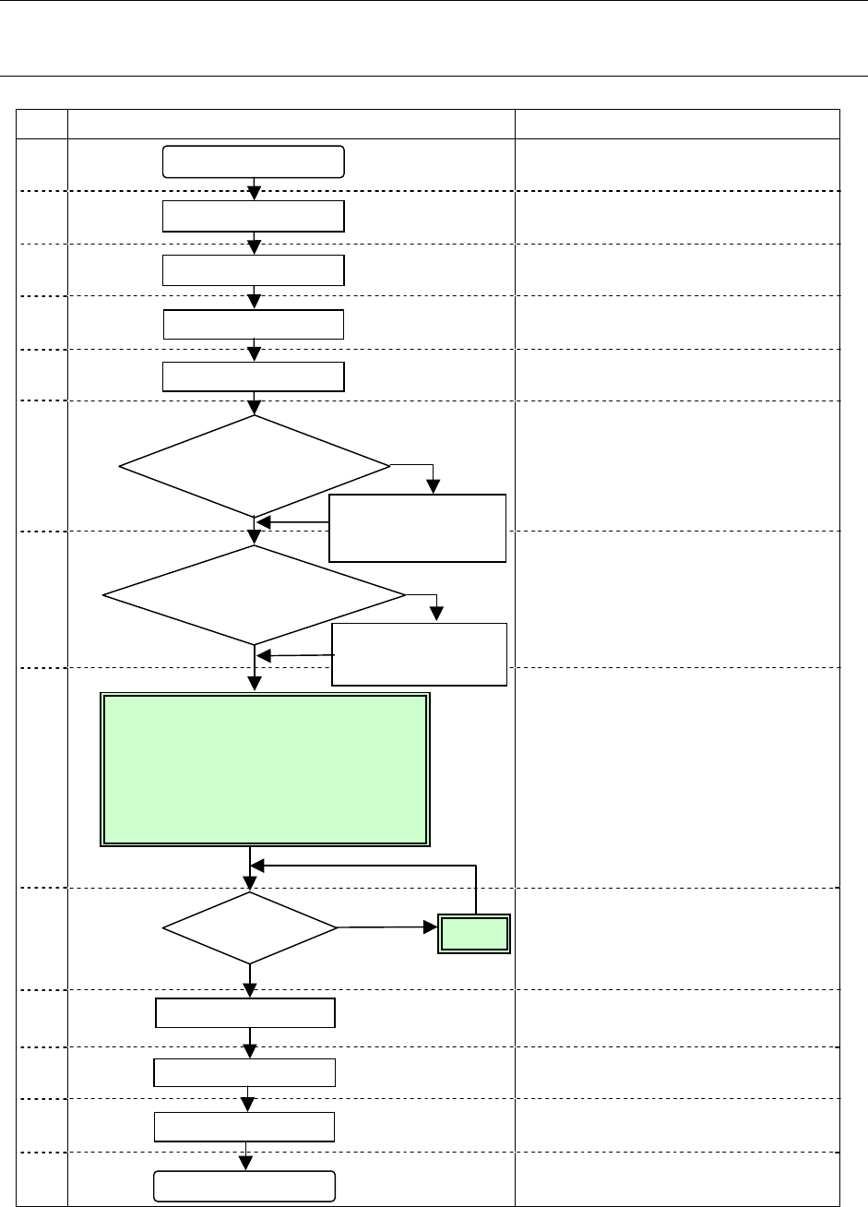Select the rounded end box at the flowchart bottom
coord(243,1186)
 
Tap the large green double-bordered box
coord(265,770)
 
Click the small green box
coord(474,935)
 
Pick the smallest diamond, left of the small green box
coord(249,927)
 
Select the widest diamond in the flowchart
coord(254,594)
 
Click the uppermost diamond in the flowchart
coord(254,465)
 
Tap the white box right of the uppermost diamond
coord(418,529)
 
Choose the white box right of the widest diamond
coord(420,654)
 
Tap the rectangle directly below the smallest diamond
coord(244,1013)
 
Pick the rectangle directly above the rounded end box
coord(244,1128)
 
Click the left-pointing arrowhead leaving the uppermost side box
coord(263,522)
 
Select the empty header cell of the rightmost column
coord(677,125)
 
